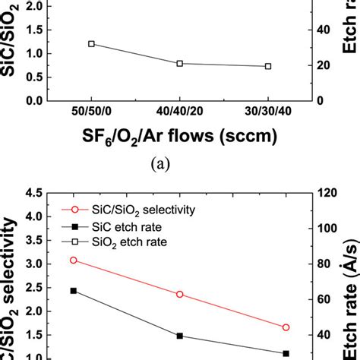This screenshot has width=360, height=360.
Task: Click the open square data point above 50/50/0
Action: [91, 44]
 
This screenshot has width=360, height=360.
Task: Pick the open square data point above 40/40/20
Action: [180, 63]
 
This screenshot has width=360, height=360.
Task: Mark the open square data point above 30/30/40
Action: [268, 66]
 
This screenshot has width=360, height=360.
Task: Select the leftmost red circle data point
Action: [74, 260]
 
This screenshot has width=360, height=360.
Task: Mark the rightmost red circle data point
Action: [286, 327]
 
